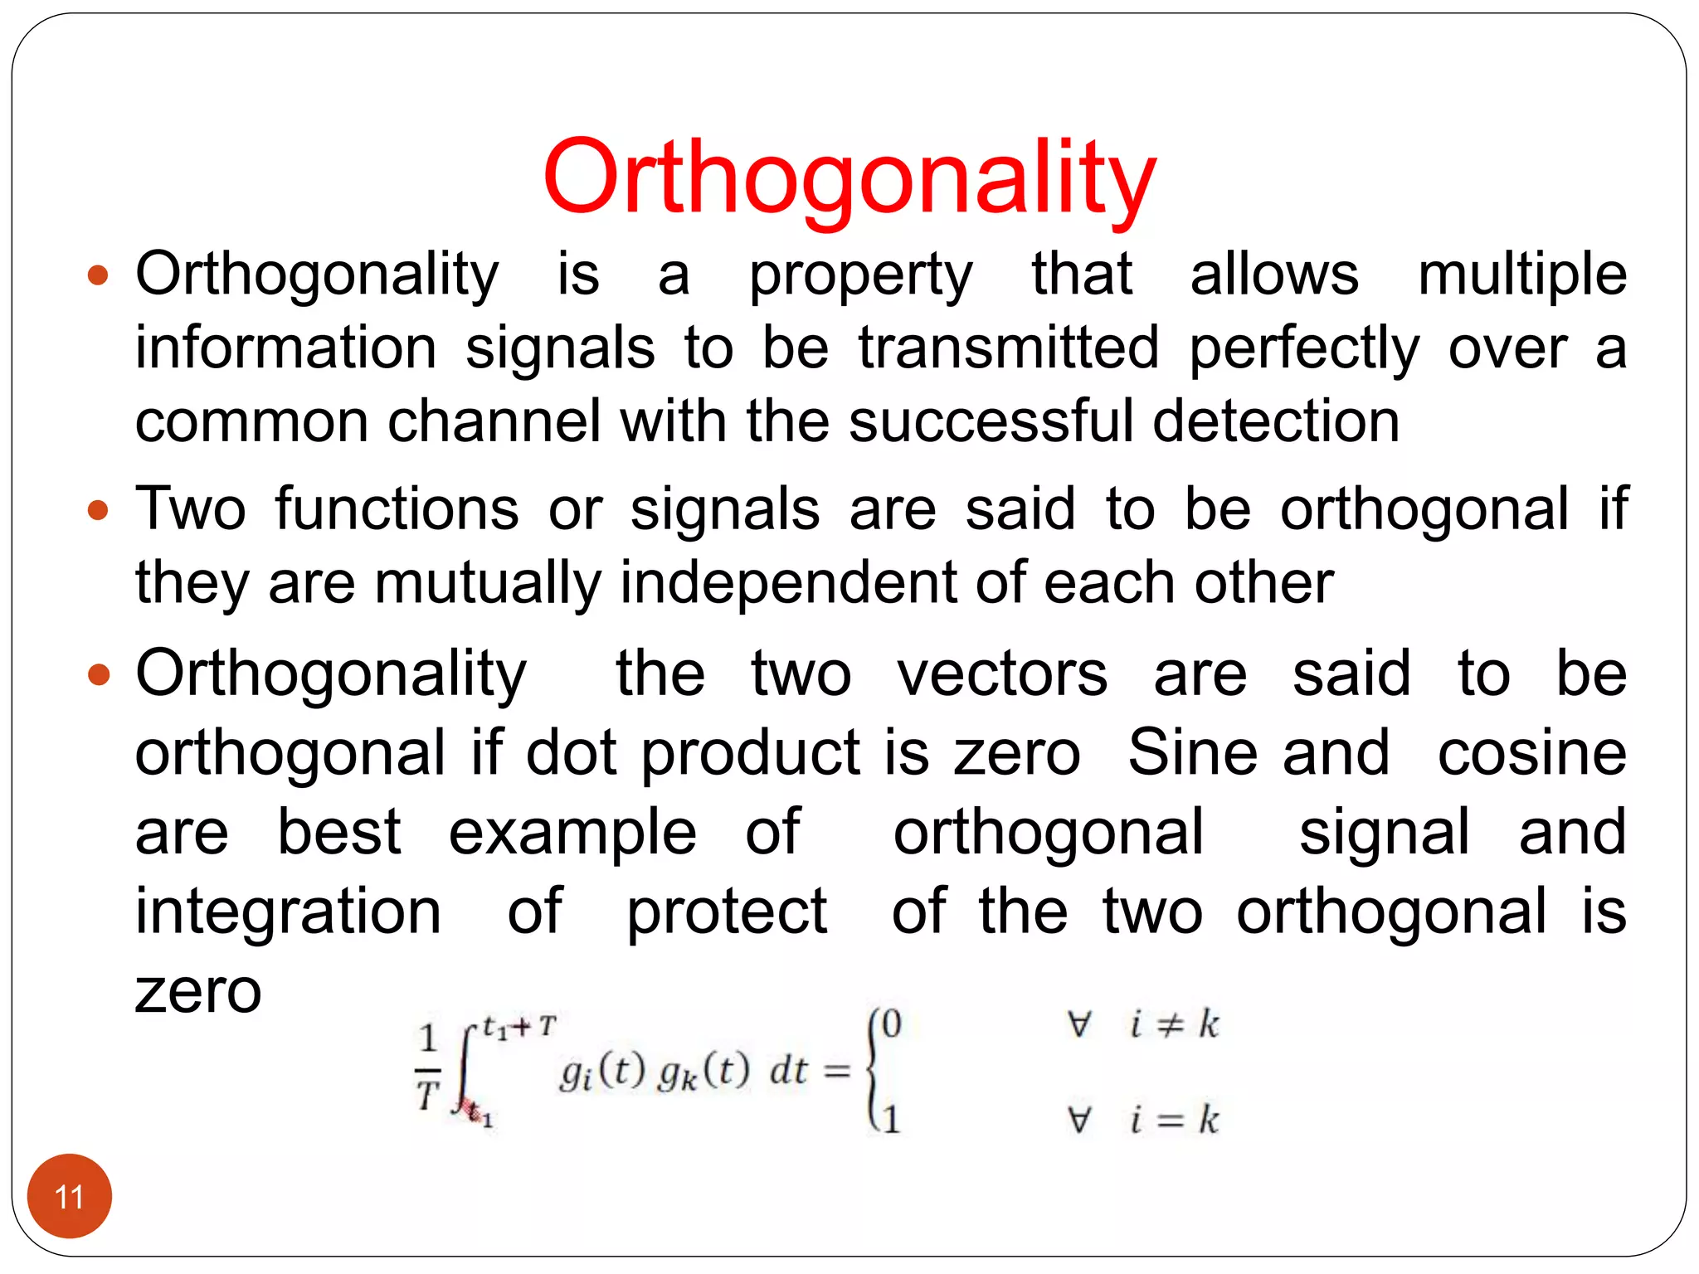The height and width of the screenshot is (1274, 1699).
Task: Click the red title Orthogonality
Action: pos(849,178)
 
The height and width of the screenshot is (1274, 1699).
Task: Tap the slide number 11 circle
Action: pos(70,1195)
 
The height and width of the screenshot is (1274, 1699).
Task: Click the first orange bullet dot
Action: pos(98,275)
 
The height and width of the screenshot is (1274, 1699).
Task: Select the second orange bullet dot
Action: pos(98,509)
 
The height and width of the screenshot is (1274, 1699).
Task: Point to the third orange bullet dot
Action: pos(98,673)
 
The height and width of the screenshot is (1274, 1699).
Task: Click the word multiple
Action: pos(1521,275)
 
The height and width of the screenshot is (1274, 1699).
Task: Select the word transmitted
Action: pos(1008,348)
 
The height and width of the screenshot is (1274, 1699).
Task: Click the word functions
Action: pos(397,509)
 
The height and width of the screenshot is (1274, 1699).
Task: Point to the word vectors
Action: pos(1002,673)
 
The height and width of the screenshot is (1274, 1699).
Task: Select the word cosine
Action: pos(1531,753)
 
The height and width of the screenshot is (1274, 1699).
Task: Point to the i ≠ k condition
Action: pos(1173,1025)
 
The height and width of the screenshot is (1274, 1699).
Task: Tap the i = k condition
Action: pos(1173,1120)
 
